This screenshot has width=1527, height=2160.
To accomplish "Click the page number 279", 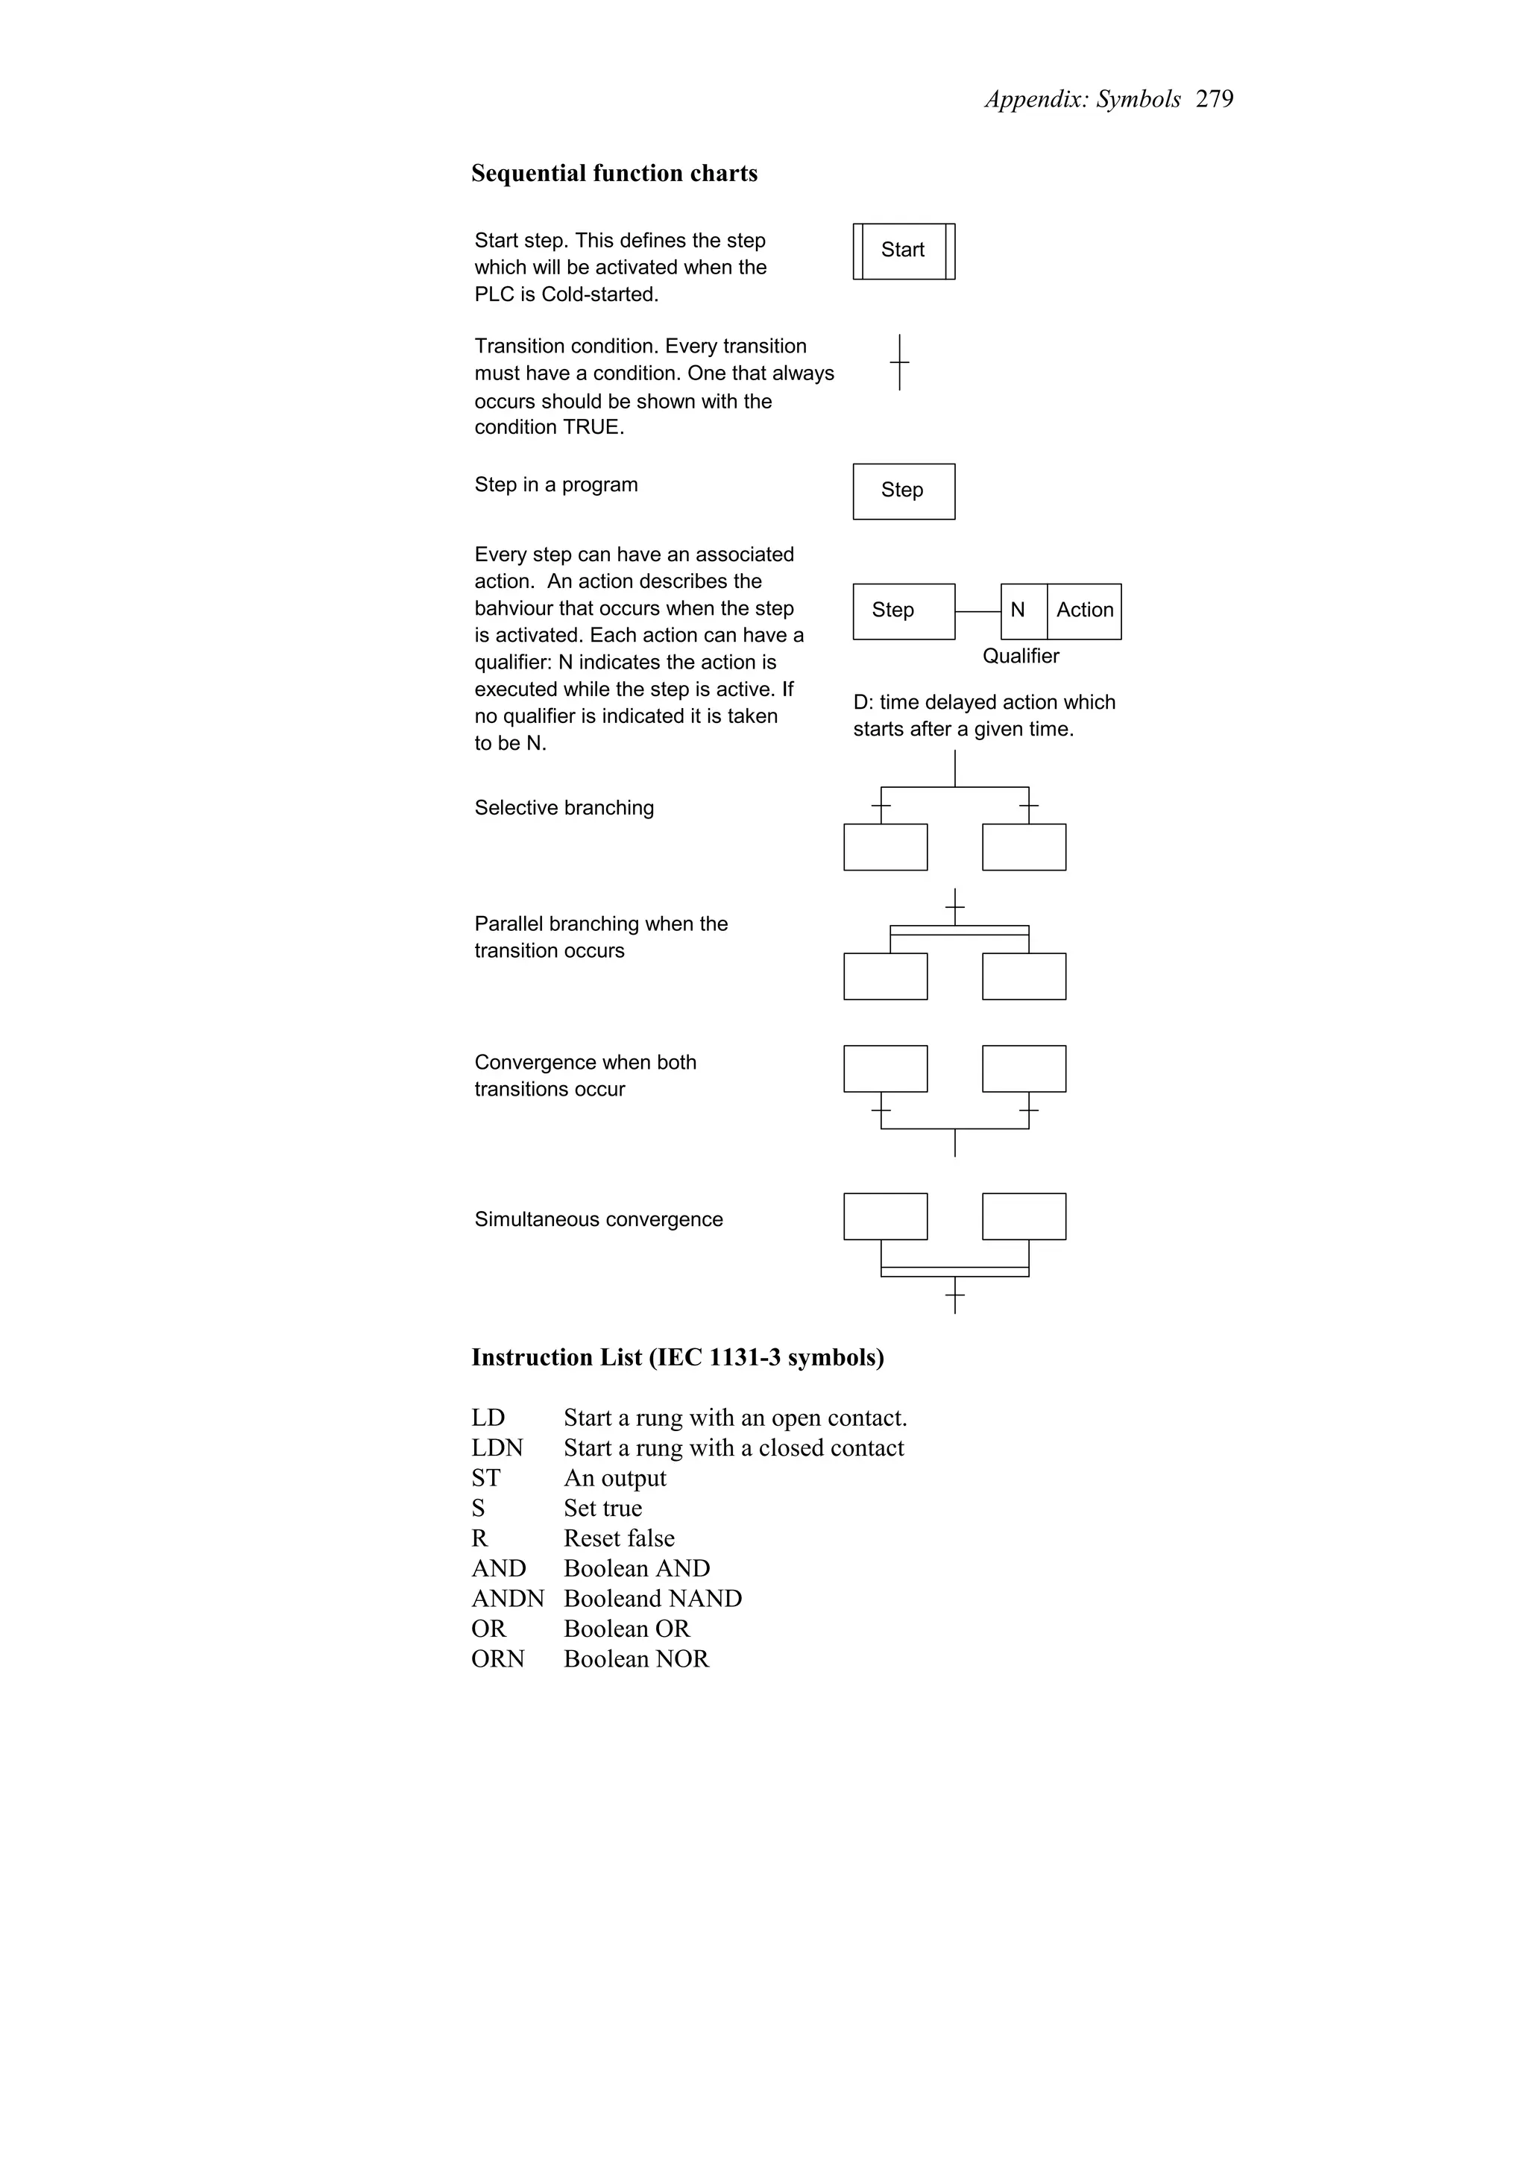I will (x=1214, y=99).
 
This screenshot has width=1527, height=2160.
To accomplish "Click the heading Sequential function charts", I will (x=614, y=173).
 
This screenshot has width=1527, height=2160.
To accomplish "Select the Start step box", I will (x=903, y=250).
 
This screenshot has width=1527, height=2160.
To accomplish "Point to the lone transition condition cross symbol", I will (x=899, y=362).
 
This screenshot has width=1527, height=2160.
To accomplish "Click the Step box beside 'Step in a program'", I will (x=903, y=490).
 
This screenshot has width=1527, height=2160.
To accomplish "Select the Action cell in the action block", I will (x=1084, y=610).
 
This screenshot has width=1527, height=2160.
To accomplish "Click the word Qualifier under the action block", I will (x=1020, y=656).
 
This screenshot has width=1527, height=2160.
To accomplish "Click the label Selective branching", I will (x=564, y=807).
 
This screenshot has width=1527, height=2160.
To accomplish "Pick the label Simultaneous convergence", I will (x=599, y=1219).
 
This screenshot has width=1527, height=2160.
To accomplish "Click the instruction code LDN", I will (x=497, y=1448).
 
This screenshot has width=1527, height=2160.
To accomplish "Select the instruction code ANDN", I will (x=507, y=1598).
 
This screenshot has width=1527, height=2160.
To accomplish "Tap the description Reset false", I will (x=618, y=1538).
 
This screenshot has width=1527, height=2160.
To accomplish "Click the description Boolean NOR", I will (x=636, y=1658).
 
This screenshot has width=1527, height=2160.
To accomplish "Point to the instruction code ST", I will (x=485, y=1478).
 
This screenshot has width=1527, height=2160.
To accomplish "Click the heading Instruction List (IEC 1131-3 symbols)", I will (x=678, y=1357).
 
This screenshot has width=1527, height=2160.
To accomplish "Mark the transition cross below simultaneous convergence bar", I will (x=954, y=1296).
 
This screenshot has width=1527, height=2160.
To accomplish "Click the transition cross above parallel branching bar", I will (x=954, y=907).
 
